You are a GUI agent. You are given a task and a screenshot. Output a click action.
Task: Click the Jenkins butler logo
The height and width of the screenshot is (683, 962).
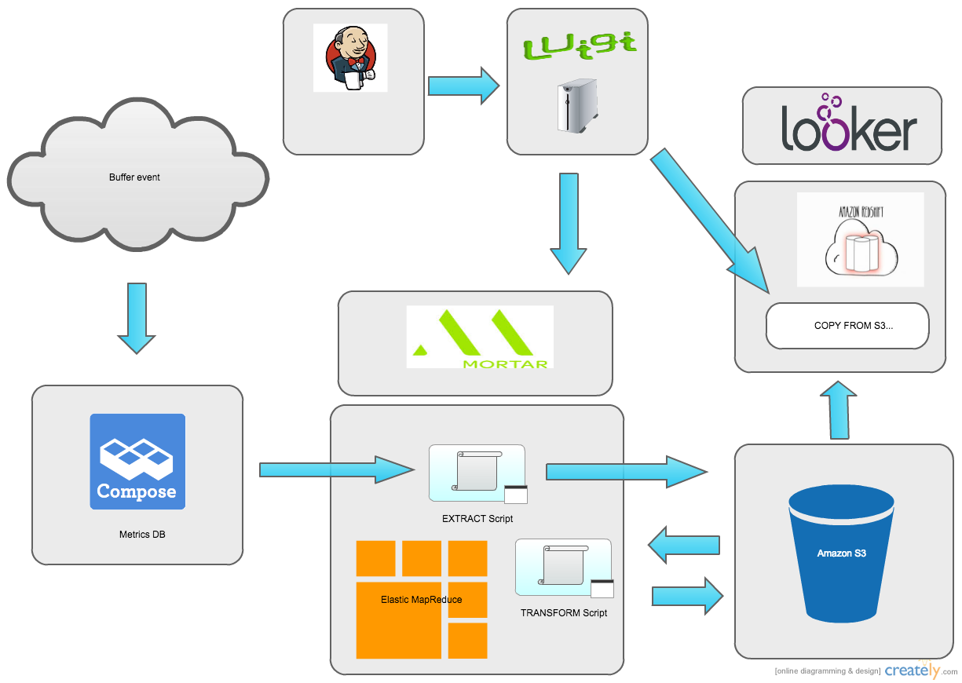pos(350,58)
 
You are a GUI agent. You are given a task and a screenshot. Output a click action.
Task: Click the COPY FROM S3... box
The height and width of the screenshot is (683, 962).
pos(847,325)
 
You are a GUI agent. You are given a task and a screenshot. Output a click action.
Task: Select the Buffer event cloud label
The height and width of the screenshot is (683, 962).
pos(134,177)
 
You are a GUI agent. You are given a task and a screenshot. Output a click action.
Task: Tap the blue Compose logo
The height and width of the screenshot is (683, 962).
pos(137,462)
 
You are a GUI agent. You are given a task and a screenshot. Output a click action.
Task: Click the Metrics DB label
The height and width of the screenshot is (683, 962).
pos(142,535)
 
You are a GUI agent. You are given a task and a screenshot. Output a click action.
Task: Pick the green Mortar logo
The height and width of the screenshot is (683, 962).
pos(480,337)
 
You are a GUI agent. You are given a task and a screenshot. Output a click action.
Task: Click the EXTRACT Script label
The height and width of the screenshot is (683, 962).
pos(477,519)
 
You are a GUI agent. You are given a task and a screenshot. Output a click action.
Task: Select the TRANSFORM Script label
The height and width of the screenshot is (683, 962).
pos(563,612)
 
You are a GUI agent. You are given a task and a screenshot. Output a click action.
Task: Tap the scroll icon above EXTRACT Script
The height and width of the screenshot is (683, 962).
pos(477,473)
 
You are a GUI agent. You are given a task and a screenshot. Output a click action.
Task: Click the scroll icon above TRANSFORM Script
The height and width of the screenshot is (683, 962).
pos(563,567)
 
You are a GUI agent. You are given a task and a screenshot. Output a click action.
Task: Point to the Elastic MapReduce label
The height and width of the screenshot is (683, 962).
pos(421,599)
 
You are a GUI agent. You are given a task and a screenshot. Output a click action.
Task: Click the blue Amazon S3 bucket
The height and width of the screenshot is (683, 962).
pos(841,553)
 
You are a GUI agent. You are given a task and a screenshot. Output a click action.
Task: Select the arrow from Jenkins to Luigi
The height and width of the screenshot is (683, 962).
pos(463,85)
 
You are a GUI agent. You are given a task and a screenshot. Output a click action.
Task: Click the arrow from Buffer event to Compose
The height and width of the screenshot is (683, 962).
pos(137,317)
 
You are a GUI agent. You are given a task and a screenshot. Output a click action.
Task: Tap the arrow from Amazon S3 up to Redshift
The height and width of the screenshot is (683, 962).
pos(839,410)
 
